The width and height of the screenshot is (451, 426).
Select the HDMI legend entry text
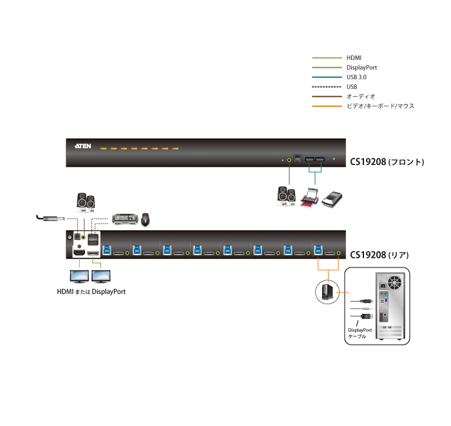[353, 57]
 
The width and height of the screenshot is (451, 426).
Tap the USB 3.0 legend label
[356, 77]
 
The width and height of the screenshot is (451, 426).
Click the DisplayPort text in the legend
[361, 67]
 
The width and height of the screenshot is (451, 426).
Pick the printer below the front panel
[311, 197]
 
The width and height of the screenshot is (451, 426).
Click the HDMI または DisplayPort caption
[91, 292]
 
